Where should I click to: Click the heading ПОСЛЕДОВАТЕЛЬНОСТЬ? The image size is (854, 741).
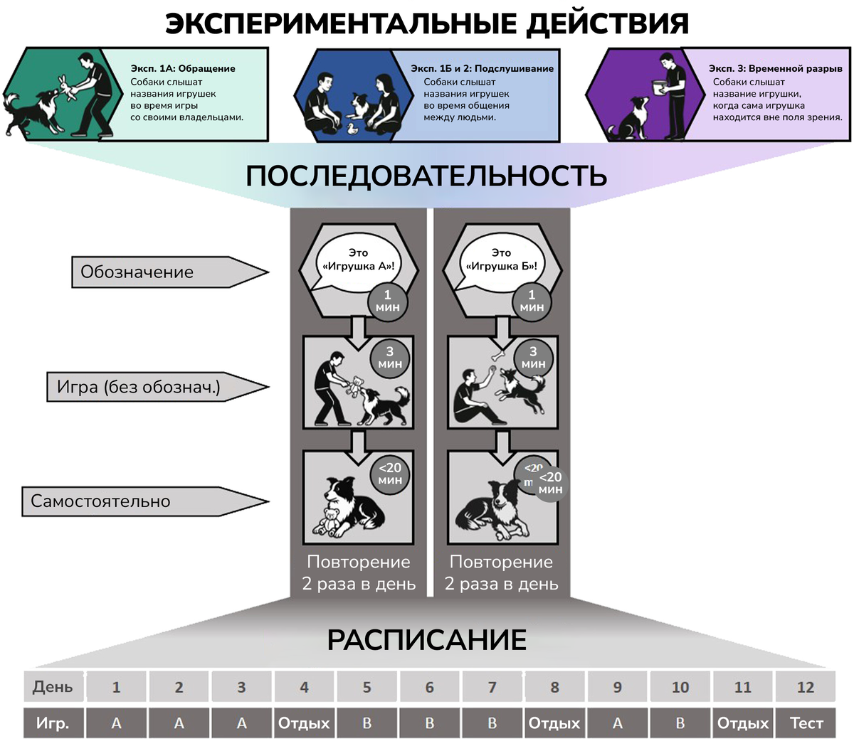pyautogui.click(x=426, y=176)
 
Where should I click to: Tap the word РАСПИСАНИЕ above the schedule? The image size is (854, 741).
pyautogui.click(x=426, y=640)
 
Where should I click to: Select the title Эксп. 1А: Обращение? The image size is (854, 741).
pyautogui.click(x=183, y=68)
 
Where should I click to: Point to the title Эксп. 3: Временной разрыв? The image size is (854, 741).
pyautogui.click(x=775, y=68)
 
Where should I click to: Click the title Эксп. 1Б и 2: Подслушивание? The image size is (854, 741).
pyautogui.click(x=482, y=68)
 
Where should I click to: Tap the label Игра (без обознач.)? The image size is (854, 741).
pyautogui.click(x=139, y=388)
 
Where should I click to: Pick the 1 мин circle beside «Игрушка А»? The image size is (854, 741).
pyautogui.click(x=388, y=301)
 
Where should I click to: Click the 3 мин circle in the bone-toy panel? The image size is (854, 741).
pyautogui.click(x=533, y=357)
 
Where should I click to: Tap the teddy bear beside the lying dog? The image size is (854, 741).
pyautogui.click(x=330, y=521)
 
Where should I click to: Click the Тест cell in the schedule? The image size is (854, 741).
pyautogui.click(x=806, y=723)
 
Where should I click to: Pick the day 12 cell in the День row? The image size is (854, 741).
pyautogui.click(x=806, y=687)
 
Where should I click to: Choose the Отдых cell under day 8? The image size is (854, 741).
pyautogui.click(x=554, y=723)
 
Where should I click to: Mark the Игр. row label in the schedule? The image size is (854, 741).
pyautogui.click(x=53, y=723)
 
